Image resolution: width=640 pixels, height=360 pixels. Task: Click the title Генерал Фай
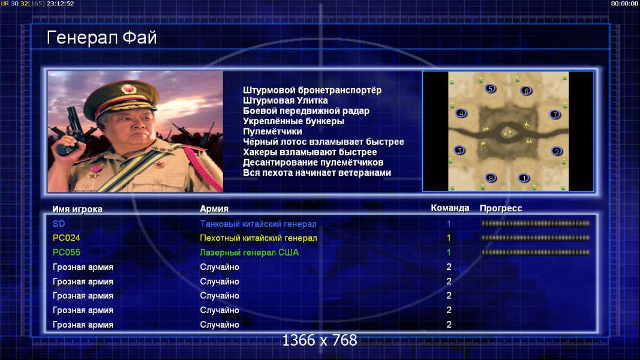(101, 38)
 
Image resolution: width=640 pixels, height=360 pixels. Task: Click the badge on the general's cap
(128, 89)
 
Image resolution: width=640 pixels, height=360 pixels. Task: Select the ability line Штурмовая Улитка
(286, 100)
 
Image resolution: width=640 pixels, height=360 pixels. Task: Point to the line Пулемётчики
(272, 131)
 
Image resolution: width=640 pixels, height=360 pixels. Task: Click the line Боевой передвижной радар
(306, 111)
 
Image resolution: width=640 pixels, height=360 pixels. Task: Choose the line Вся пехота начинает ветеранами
(317, 173)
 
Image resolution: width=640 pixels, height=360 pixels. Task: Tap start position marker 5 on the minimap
(490, 89)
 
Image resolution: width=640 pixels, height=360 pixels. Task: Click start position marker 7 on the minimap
(555, 114)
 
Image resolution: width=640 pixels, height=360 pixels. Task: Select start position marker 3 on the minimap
(459, 151)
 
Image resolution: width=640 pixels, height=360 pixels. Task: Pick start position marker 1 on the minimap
(524, 178)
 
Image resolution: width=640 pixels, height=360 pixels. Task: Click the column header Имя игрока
(77, 209)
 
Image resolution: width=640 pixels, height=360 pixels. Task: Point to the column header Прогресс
(501, 208)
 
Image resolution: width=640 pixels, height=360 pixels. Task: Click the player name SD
(59, 224)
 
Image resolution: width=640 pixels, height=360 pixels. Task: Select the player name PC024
(67, 238)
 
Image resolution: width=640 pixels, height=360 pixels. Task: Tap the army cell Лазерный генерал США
(249, 253)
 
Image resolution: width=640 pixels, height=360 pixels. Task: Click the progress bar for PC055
(535, 253)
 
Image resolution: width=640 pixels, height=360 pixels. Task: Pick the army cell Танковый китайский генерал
(258, 224)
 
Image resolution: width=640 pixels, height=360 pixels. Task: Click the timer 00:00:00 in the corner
(624, 4)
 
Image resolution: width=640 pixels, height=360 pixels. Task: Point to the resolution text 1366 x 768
(320, 340)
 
